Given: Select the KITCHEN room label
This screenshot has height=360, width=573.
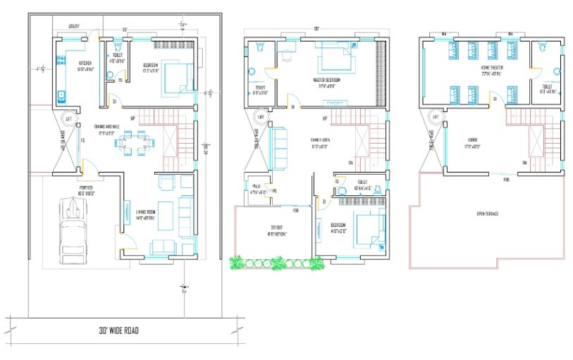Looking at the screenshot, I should [84, 63].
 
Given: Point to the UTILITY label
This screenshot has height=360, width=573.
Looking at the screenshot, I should [73, 27].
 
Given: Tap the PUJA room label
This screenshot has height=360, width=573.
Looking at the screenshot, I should [256, 187].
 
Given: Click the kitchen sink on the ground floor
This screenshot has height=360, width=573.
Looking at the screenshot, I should [61, 93].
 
